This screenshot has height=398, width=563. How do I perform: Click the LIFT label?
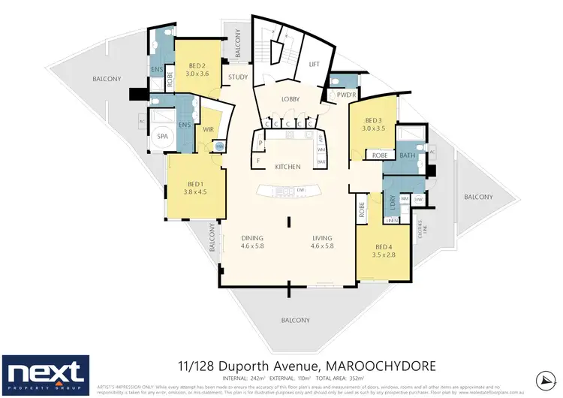coord(315,65)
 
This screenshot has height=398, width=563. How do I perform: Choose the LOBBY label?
coord(291,99)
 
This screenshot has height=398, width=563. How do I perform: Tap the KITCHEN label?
coord(288,166)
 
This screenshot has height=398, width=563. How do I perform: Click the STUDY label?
coord(239,77)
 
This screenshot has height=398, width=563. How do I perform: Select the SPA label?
coord(162,136)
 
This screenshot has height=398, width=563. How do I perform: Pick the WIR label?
coord(209,129)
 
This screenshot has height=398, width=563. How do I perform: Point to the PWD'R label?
coord(345,94)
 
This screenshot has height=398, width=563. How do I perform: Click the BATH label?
coord(408,155)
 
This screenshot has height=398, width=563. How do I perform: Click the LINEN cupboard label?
coord(391,220)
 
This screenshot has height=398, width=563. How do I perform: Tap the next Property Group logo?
coord(46,373)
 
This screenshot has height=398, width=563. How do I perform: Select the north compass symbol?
coord(545,377)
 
